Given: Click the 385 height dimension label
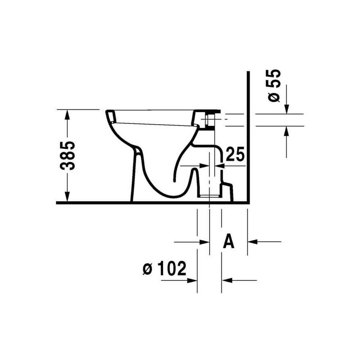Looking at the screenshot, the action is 68,156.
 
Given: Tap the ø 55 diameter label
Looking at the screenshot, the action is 273,85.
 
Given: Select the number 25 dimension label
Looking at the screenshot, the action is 235,154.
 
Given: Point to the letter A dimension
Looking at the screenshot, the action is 229,241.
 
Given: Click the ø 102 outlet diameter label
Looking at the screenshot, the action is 165,268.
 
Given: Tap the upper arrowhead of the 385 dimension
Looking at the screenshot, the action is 67,115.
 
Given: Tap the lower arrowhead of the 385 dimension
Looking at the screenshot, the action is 67,197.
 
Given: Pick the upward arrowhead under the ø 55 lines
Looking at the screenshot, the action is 287,131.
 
